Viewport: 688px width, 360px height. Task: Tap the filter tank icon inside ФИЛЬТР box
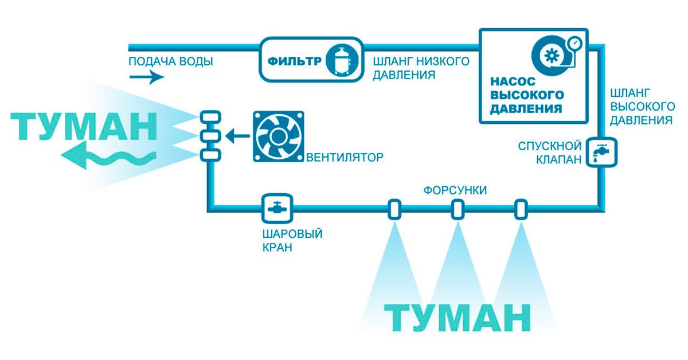tap(343, 59)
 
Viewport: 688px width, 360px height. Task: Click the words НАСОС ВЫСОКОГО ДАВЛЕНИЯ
tap(527, 95)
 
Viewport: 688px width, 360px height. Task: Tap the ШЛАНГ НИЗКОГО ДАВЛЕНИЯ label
tap(421, 68)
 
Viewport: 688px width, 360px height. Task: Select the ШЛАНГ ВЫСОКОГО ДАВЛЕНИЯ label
tap(641, 106)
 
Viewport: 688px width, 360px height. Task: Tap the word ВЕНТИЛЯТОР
tap(344, 156)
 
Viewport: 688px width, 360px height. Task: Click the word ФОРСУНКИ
tap(455, 190)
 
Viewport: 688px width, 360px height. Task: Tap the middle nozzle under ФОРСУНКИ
tap(457, 209)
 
